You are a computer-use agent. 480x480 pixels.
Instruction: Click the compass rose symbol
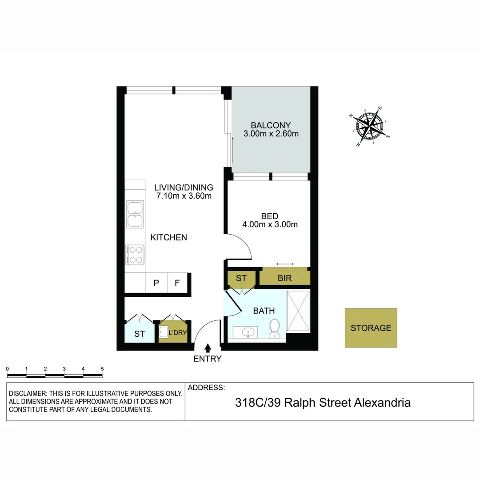[370, 127]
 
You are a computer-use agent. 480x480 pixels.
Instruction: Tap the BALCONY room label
[271, 125]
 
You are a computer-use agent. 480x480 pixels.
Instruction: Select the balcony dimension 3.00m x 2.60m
[271, 133]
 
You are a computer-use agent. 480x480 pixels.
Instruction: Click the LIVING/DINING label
[184, 187]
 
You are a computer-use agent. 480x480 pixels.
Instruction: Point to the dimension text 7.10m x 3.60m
[184, 196]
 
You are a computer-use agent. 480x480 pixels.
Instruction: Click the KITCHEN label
[169, 237]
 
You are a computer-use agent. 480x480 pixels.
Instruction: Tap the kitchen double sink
[135, 214]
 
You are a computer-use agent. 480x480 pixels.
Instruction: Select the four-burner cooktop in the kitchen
[135, 255]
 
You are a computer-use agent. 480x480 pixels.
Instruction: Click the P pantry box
[156, 283]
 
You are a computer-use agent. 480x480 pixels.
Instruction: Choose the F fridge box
[177, 283]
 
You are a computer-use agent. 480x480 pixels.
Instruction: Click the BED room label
[270, 216]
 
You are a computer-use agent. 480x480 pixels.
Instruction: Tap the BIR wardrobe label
[284, 278]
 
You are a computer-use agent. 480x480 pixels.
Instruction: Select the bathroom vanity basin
[245, 332]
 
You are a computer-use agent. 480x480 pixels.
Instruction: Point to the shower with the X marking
[298, 311]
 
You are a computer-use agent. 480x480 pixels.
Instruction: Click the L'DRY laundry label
[176, 333]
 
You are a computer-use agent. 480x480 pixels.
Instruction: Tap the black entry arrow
[208, 348]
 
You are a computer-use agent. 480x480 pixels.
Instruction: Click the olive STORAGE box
[371, 328]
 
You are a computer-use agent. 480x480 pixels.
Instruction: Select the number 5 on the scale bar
[102, 369]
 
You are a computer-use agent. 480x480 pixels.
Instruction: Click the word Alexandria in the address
[382, 403]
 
